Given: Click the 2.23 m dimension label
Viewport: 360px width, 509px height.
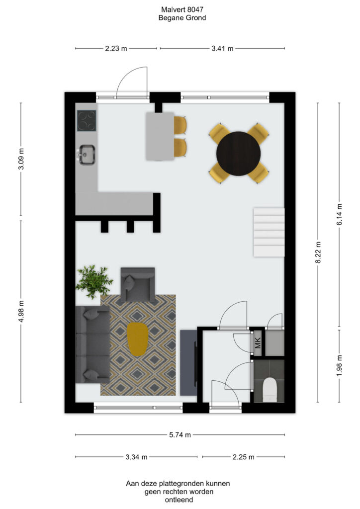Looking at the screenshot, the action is pos(116,49).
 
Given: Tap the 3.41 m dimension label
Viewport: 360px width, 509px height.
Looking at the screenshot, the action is pos(222,49).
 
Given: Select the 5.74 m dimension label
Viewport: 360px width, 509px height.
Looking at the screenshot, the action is pos(180,435).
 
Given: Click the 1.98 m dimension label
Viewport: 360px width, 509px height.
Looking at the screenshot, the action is pos(340,365).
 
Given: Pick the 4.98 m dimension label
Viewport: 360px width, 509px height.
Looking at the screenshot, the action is pos(21,311).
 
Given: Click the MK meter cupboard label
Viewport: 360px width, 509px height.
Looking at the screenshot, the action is pos(258,343).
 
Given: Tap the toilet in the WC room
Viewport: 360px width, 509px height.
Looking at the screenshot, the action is pos(269,390).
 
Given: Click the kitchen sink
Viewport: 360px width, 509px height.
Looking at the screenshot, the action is pos(87,155).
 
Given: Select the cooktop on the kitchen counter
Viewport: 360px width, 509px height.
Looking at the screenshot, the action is pos(87,121).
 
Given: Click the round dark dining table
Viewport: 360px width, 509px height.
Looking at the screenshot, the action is pos(239,154).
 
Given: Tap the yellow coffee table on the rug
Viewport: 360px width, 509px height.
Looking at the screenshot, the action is pos(137,339).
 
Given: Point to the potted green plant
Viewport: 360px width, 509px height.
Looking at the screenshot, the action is pos(94,281).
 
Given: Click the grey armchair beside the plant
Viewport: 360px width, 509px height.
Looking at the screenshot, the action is pos(138,284).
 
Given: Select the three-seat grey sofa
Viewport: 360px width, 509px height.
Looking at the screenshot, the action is pos(92,344).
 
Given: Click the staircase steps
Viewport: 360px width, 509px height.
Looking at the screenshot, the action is pos(269,233).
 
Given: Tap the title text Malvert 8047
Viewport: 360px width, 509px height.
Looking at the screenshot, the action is pos(182,10).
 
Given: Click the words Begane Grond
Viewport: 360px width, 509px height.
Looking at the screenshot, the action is pos(182,18).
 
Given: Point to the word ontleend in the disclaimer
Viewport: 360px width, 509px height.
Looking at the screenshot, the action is pos(179,500).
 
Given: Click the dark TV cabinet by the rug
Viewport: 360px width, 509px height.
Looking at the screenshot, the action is pos(188,362).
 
